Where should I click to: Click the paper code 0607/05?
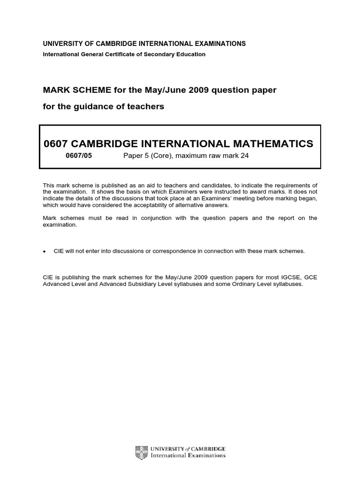(x=79, y=156)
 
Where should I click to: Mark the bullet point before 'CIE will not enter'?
(x=45, y=251)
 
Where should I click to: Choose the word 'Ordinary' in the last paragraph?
(x=238, y=285)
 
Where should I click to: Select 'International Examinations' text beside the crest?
(x=187, y=455)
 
